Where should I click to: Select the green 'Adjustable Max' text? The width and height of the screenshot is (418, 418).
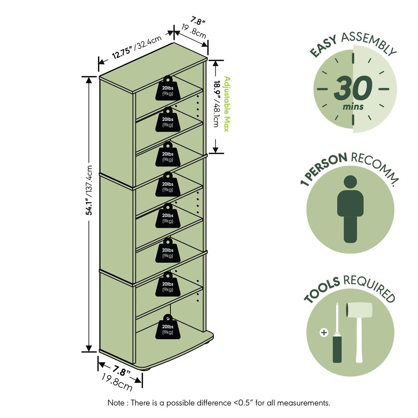pos(227,104)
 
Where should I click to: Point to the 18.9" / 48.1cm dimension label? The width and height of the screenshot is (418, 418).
pos(217,104)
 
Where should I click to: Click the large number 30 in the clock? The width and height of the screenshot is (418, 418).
pos(353,88)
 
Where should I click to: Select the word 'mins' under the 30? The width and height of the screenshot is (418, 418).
pos(353,107)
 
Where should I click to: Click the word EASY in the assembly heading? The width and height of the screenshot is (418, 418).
pos(323,46)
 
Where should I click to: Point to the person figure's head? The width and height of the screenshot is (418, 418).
pos(350,182)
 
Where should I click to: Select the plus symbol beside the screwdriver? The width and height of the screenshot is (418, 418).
pos(324,332)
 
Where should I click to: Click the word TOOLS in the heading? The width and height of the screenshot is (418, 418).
pos(322,289)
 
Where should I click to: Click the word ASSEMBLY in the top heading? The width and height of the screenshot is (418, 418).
pos(369,44)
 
